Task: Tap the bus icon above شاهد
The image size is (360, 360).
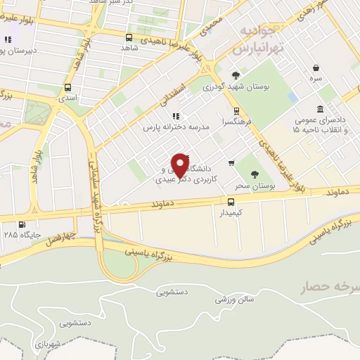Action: (x=129, y=37)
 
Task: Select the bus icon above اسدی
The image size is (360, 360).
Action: (x=68, y=88)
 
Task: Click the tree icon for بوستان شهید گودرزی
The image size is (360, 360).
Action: (x=235, y=75)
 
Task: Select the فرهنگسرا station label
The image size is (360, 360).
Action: (x=236, y=121)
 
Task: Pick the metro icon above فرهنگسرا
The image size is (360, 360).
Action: (x=236, y=110)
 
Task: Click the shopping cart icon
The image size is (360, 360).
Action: (x=231, y=163)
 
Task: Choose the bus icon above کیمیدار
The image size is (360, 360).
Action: (x=231, y=201)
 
